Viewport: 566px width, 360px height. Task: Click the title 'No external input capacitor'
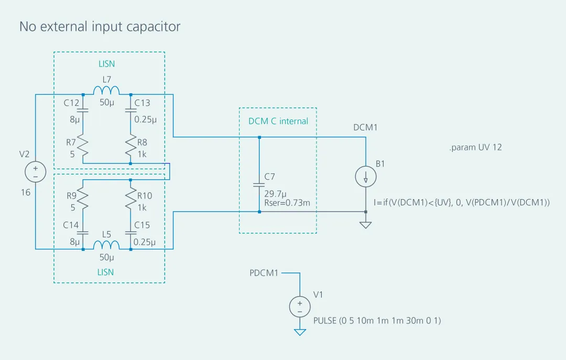(100, 27)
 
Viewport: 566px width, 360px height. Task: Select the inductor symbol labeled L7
(106, 91)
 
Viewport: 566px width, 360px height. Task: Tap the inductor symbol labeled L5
(106, 245)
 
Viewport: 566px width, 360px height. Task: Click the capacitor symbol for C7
(259, 184)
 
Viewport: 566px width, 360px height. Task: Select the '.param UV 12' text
(475, 147)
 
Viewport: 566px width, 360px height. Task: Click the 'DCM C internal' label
(278, 121)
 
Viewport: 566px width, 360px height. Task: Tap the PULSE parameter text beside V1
(377, 320)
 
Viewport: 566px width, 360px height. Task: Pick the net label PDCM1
(264, 273)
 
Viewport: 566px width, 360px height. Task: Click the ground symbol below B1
(366, 224)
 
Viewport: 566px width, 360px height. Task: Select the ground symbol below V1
(300, 332)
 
